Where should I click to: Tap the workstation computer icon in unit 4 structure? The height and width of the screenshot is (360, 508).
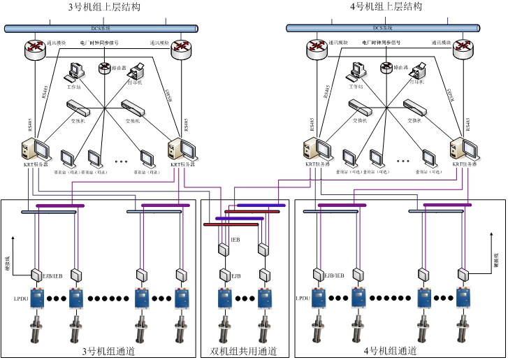coord(359,71)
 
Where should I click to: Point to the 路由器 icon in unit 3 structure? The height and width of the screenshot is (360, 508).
coord(105,68)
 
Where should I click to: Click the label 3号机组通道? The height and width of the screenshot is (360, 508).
coord(108,351)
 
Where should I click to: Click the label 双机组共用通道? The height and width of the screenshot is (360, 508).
coord(243,351)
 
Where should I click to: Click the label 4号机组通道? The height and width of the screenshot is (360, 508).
coord(391,351)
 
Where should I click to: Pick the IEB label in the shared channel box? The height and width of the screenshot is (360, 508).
coord(235,240)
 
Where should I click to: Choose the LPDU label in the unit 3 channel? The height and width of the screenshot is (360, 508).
coord(19,298)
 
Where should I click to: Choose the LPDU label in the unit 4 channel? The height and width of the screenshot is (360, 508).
coord(302,298)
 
